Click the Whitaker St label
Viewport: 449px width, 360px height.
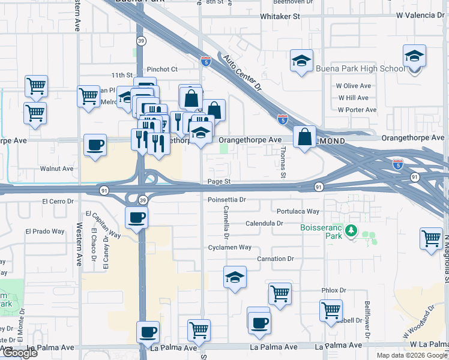(280, 17)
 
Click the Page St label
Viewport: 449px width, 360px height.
(219, 181)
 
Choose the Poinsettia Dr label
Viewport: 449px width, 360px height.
(227, 199)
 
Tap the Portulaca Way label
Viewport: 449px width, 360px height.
(298, 211)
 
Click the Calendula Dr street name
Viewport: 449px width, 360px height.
(264, 223)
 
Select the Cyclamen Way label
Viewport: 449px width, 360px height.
(229, 247)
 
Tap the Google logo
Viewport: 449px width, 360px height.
(19, 353)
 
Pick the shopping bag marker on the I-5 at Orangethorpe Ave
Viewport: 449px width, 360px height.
(305, 137)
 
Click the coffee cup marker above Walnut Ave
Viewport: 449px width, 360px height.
(95, 145)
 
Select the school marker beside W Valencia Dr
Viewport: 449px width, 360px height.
(414, 56)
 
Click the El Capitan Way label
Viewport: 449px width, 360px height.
(103, 224)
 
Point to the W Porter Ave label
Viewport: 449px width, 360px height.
(357, 110)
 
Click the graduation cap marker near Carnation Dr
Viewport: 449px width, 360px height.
(235, 277)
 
